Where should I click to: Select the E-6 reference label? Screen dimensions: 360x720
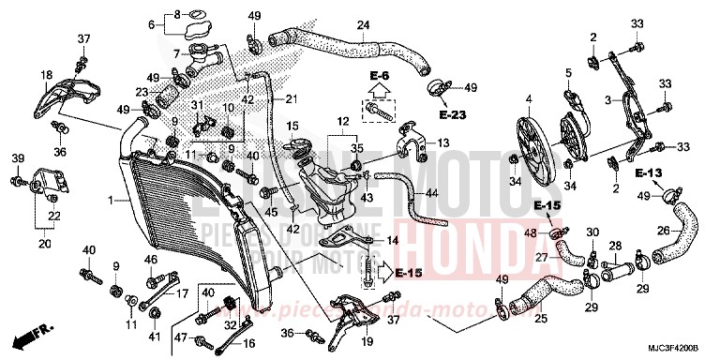[379, 74]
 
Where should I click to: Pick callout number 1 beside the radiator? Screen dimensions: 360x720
[110, 200]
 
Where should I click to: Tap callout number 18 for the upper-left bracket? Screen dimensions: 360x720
[45, 74]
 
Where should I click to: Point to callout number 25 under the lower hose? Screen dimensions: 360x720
[539, 320]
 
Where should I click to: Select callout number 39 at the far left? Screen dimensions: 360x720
[17, 157]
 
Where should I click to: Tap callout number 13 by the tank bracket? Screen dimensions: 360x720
[443, 142]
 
